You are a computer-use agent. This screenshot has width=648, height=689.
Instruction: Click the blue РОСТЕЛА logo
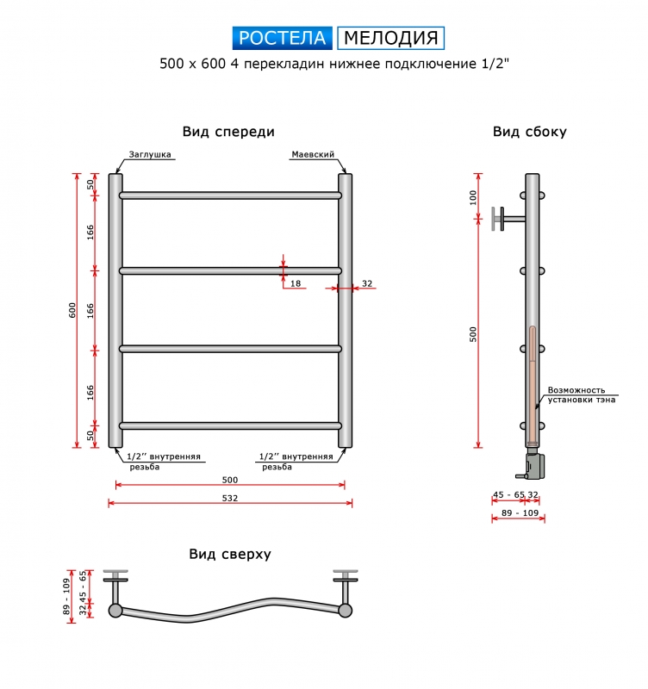point(283,38)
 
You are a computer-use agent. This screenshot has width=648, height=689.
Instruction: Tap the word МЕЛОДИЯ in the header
point(391,38)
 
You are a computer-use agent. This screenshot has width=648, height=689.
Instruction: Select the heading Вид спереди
point(228,132)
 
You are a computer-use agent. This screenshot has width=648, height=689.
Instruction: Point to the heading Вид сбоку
point(530,132)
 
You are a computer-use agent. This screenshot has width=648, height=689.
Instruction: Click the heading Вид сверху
point(230,554)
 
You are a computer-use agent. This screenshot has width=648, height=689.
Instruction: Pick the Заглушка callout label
point(150,154)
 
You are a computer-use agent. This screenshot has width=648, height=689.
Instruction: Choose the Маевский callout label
point(313,154)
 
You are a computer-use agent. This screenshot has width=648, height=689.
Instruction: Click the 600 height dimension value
point(72,310)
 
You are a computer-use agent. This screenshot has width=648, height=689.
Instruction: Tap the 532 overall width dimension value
point(230,498)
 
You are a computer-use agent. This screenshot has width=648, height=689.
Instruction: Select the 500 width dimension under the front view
point(230,480)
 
